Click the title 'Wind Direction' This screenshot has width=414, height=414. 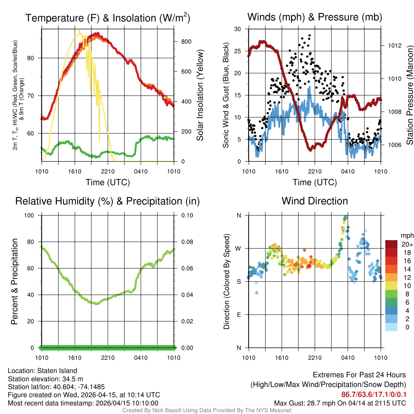coord(315,201)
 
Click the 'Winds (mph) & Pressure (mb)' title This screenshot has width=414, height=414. coord(315,17)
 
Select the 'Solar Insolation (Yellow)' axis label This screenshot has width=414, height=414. coord(200,95)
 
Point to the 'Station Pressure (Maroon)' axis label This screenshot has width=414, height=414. coord(409,95)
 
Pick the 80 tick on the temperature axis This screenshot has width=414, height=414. coord(35,58)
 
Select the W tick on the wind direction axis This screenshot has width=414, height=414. coord(239,248)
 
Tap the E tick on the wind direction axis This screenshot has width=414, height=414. coord(239,315)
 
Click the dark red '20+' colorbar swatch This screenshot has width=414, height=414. coord(391,244)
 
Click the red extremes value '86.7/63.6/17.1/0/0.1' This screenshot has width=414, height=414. coord(374,395)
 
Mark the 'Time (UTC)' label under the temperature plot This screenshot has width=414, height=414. coord(108,182)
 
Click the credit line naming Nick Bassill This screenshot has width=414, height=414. coord(207,410)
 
